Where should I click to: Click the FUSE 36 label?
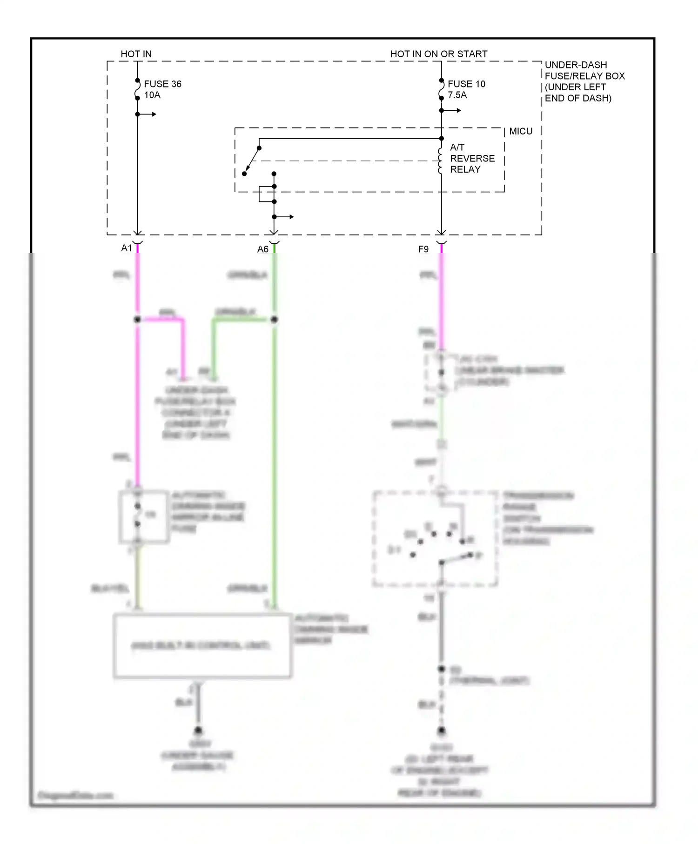tap(162, 84)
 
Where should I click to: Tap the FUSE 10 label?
tap(466, 84)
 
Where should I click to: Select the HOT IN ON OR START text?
tap(438, 54)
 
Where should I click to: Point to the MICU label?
tap(520, 131)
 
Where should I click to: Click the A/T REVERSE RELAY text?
tap(471, 158)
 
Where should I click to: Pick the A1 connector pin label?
tap(127, 248)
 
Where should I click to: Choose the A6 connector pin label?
tap(263, 249)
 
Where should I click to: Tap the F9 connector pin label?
tap(423, 249)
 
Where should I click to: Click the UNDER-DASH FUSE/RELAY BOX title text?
tap(584, 81)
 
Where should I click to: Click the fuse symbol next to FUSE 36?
tap(138, 89)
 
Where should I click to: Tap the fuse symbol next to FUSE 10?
tap(441, 89)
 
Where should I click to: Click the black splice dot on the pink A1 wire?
tap(137, 320)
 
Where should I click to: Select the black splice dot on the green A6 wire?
tap(274, 320)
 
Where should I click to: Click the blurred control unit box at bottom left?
tap(202, 646)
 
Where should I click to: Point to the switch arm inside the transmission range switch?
tap(456, 559)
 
